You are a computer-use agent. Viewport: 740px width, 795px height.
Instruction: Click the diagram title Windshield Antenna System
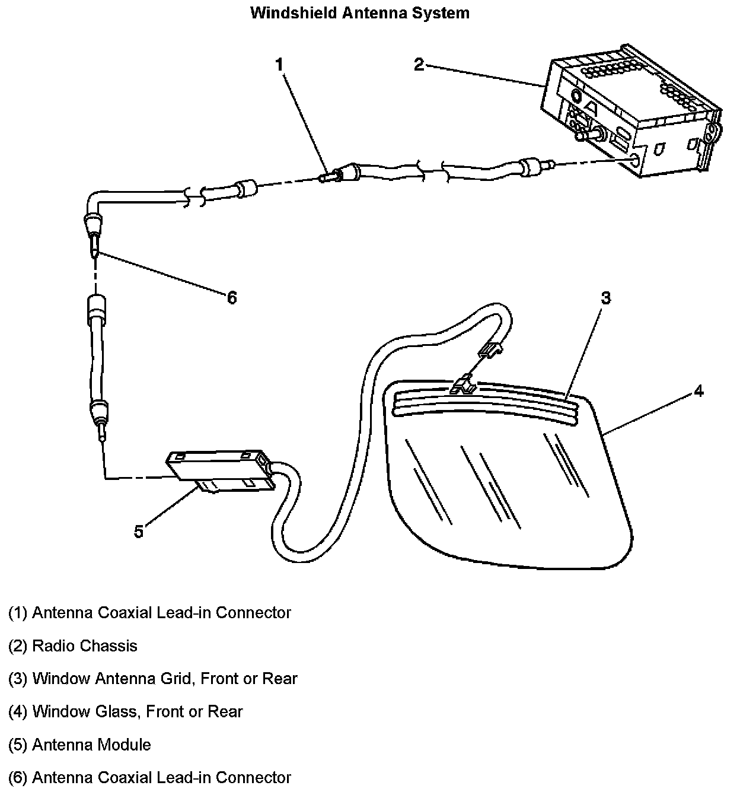point(360,13)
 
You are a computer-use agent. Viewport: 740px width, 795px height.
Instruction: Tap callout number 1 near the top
point(280,65)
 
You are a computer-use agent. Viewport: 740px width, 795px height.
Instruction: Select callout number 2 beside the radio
point(419,64)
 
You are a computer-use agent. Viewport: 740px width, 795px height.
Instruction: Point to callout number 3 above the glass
point(605,298)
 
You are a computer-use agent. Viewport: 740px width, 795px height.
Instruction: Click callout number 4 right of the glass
point(699,391)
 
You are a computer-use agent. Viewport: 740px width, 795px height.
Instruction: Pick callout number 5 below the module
point(139,531)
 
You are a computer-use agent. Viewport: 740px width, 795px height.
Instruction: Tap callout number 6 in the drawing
point(232,297)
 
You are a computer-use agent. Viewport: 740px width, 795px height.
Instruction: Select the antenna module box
point(219,472)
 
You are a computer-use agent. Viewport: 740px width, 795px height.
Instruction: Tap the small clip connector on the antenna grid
point(463,386)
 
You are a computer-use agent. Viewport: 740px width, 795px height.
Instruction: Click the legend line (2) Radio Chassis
point(73,645)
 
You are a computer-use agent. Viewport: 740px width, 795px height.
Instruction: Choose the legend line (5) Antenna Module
point(79,745)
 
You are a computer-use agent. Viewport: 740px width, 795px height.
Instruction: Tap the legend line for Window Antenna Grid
point(152,678)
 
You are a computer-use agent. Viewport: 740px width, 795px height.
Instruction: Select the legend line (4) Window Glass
point(125,711)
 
